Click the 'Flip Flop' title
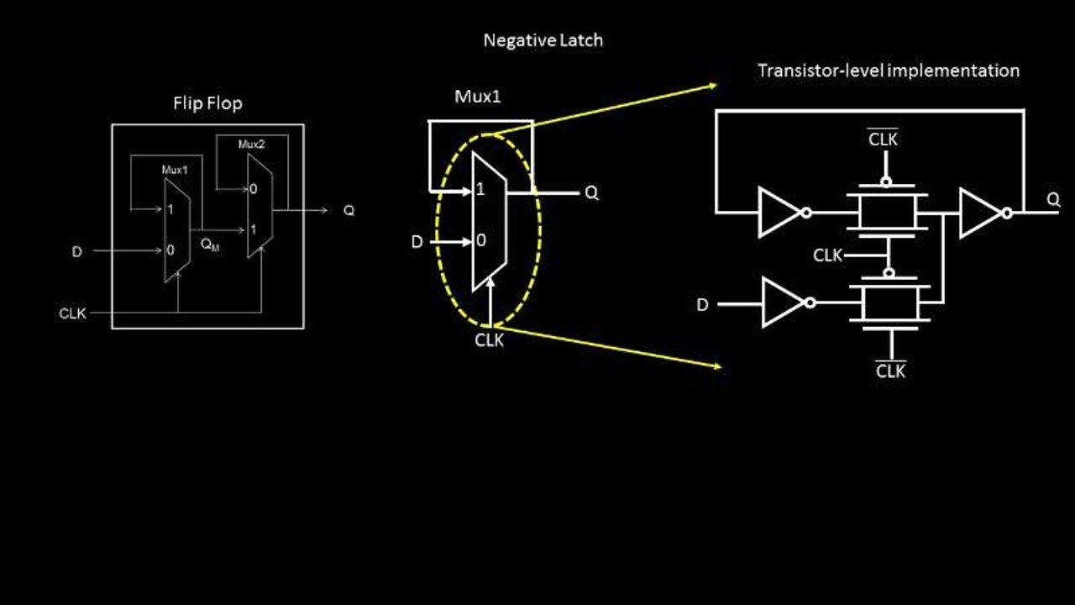207,103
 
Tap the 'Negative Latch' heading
543,39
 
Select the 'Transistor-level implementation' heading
888,71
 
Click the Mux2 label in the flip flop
251,145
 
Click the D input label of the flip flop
77,251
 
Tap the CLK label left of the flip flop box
72,313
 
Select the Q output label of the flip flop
349,210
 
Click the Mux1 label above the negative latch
478,96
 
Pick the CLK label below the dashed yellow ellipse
490,340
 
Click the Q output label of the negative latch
591,193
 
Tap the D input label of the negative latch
417,242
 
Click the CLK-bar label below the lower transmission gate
890,371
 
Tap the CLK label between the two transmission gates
828,255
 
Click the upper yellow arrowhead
713,85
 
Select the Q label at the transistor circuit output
1053,200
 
